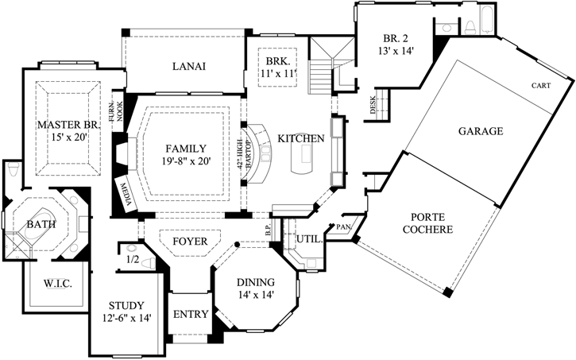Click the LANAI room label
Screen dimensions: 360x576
tap(189, 67)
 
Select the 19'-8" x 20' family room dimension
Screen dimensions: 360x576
tap(186, 161)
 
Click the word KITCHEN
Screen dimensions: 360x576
tap(300, 138)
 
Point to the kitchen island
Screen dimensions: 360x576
tap(302, 161)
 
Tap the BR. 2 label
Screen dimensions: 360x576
tap(394, 38)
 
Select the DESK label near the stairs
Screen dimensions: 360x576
tap(373, 106)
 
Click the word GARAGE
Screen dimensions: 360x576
tap(481, 131)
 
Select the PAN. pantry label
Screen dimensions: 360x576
tap(344, 227)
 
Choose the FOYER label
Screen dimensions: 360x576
tap(190, 241)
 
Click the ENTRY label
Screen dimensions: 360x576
tap(191, 314)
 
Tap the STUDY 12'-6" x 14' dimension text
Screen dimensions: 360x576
tap(126, 318)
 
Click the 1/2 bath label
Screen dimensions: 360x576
tap(133, 258)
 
